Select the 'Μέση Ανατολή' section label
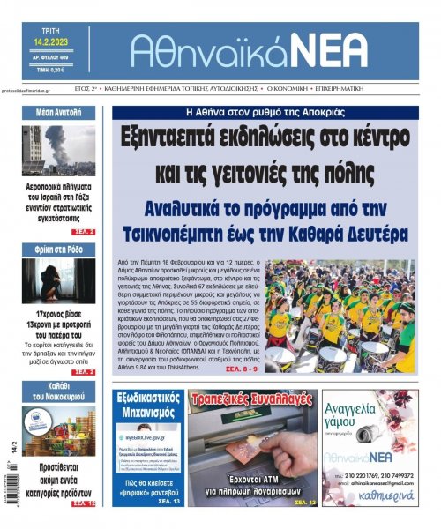59,113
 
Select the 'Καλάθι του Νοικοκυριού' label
59,391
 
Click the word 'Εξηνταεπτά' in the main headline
179,138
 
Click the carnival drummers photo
339,315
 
